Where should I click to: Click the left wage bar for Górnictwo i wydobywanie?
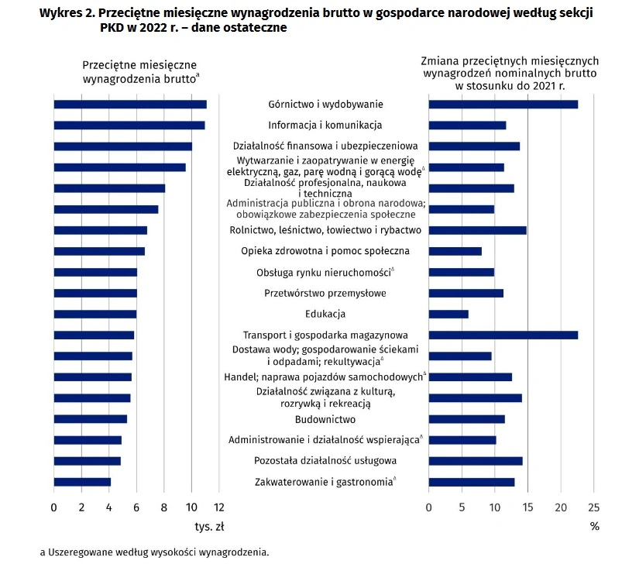coord(130,105)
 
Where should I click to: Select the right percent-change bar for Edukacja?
coord(448,315)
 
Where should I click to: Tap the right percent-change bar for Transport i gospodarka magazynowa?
coord(503,335)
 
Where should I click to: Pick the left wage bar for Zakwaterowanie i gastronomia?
coord(82,482)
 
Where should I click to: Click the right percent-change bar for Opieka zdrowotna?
coord(455,251)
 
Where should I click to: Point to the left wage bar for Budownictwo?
coord(91,419)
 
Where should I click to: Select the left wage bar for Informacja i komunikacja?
coord(129,126)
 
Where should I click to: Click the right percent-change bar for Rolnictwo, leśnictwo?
coord(478,231)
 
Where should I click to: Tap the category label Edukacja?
coord(325,314)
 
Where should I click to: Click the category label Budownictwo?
coord(325,419)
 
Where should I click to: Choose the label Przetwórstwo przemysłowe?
coord(325,293)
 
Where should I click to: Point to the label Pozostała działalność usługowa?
coord(325,461)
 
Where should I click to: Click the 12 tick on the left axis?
coord(219,507)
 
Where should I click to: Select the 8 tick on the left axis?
coord(164,507)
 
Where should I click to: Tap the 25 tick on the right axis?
coord(594,507)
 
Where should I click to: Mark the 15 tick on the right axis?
coord(527,507)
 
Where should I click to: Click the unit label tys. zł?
coord(209,527)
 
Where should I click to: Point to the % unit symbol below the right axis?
coord(595,527)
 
